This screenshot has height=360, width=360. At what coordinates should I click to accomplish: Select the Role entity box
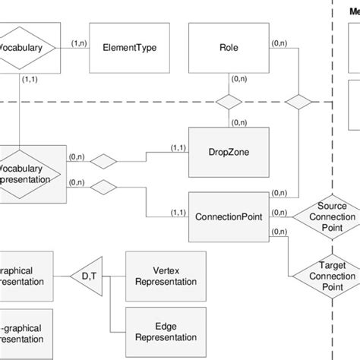pos(226,47)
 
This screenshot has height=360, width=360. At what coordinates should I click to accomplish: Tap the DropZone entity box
pos(226,152)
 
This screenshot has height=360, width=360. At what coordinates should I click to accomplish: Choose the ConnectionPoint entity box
pos(226,216)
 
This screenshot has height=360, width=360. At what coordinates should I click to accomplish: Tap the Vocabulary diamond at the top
pos(27,47)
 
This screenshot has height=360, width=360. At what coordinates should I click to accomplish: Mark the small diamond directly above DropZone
pos(226,102)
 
